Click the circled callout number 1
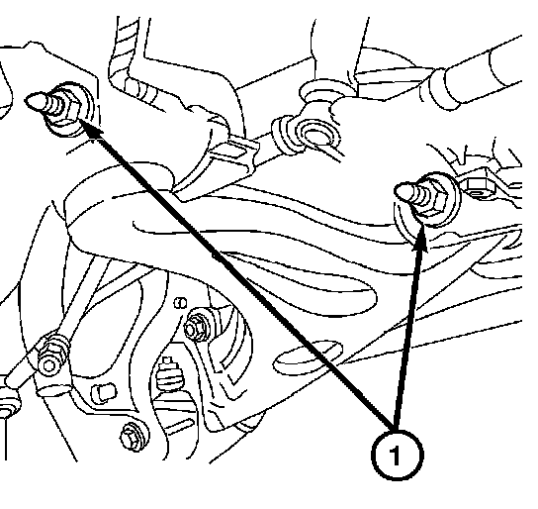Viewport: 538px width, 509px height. click(x=398, y=456)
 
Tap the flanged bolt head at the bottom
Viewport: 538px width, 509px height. click(x=134, y=436)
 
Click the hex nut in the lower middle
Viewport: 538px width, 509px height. click(x=196, y=326)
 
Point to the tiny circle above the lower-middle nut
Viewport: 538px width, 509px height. click(x=181, y=303)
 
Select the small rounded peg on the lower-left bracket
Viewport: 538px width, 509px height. click(x=103, y=392)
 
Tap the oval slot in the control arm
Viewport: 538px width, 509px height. click(x=308, y=357)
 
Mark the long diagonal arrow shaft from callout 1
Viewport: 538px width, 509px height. click(x=244, y=279)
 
